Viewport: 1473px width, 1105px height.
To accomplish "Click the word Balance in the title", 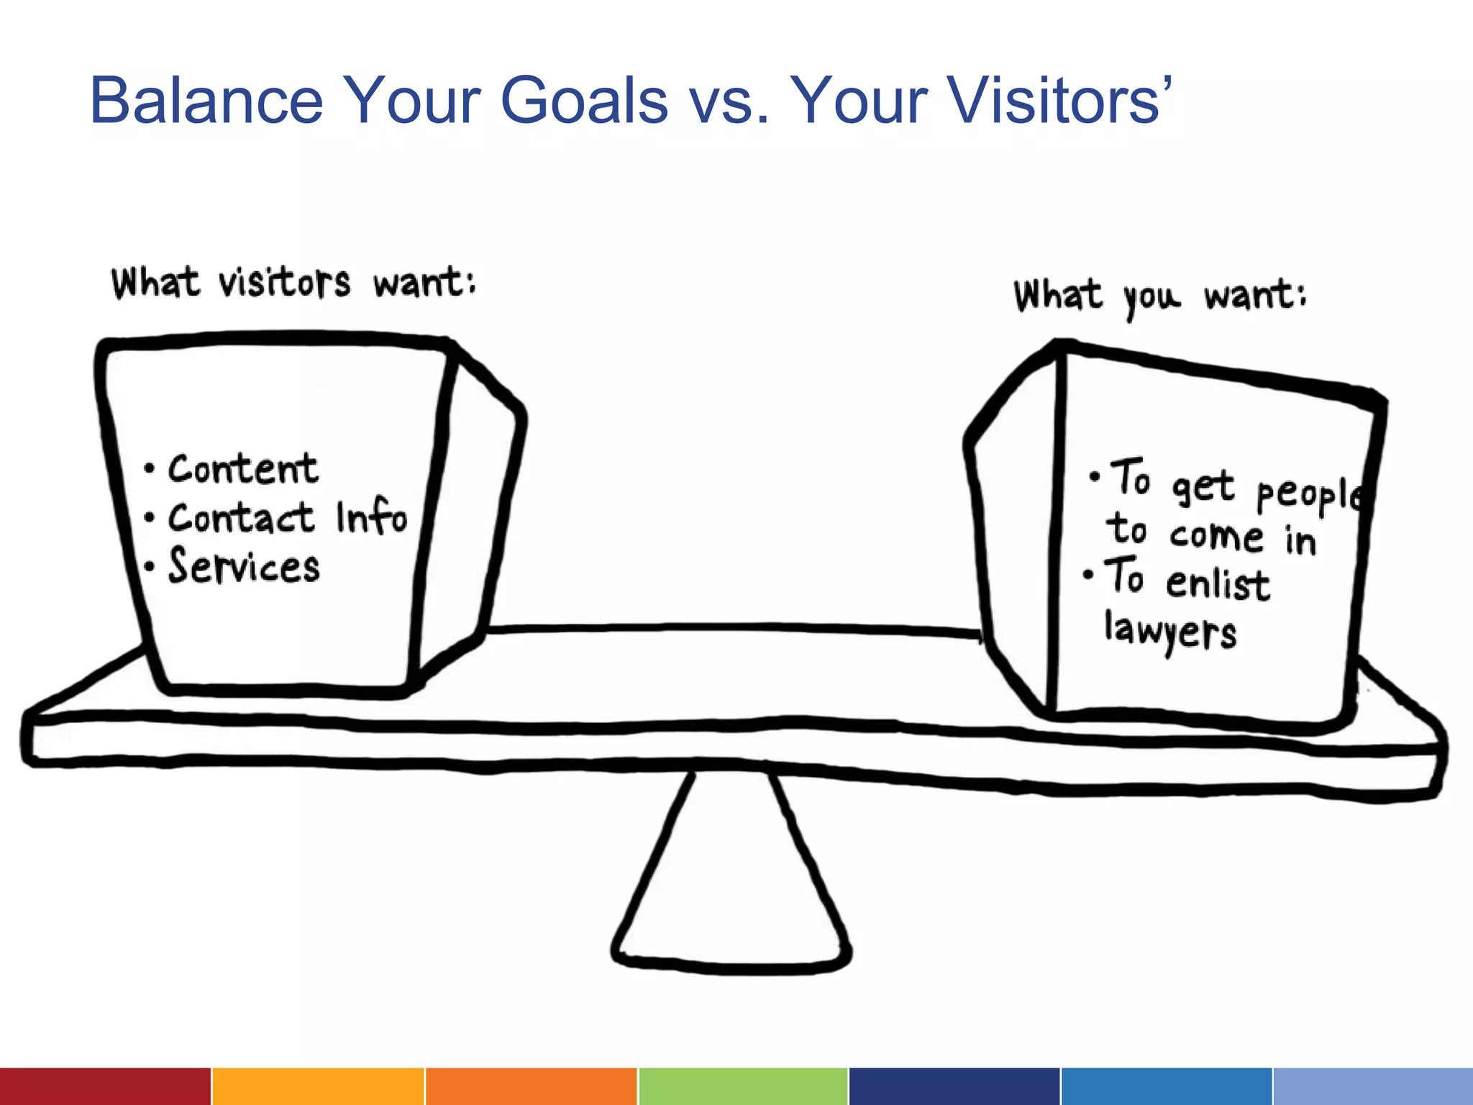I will click(206, 101).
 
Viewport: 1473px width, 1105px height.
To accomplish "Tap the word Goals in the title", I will click(584, 101).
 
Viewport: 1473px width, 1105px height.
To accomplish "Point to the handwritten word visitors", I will click(285, 282).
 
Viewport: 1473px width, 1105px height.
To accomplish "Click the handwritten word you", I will click(1152, 297).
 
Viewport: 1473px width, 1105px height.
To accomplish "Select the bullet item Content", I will click(243, 469).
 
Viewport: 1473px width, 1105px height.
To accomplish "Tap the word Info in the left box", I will click(371, 516).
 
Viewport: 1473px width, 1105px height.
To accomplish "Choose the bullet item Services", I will click(244, 565).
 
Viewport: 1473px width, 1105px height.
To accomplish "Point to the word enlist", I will click(1218, 582).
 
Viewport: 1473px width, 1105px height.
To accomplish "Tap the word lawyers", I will click(1170, 631).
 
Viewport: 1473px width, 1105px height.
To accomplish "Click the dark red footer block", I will click(105, 1086).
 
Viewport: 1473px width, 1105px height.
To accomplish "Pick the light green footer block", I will click(742, 1086).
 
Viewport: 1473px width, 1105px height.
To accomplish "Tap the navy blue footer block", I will click(954, 1086).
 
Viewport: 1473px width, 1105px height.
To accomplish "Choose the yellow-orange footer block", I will click(317, 1086).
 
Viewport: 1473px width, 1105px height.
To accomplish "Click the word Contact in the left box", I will click(241, 518).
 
